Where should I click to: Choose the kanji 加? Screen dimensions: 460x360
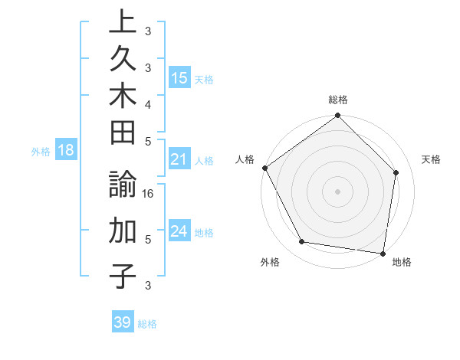(x=122, y=231)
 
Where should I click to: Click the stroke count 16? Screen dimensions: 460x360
(x=149, y=195)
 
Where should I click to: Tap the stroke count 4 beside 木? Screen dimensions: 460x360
(x=148, y=103)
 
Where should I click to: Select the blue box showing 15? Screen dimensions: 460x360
(x=179, y=77)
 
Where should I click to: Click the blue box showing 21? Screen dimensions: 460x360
(x=179, y=159)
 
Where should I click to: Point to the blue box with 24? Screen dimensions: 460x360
(x=179, y=231)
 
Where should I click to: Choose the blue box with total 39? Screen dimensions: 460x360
(x=122, y=322)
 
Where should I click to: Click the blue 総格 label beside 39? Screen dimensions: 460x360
(x=147, y=324)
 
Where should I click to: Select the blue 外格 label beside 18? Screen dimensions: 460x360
(x=41, y=152)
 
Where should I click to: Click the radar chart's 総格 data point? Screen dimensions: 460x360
(x=337, y=116)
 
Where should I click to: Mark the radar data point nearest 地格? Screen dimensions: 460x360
(x=383, y=253)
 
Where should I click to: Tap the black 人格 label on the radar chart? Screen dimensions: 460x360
(x=245, y=159)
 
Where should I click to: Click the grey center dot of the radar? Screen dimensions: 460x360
(x=337, y=191)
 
